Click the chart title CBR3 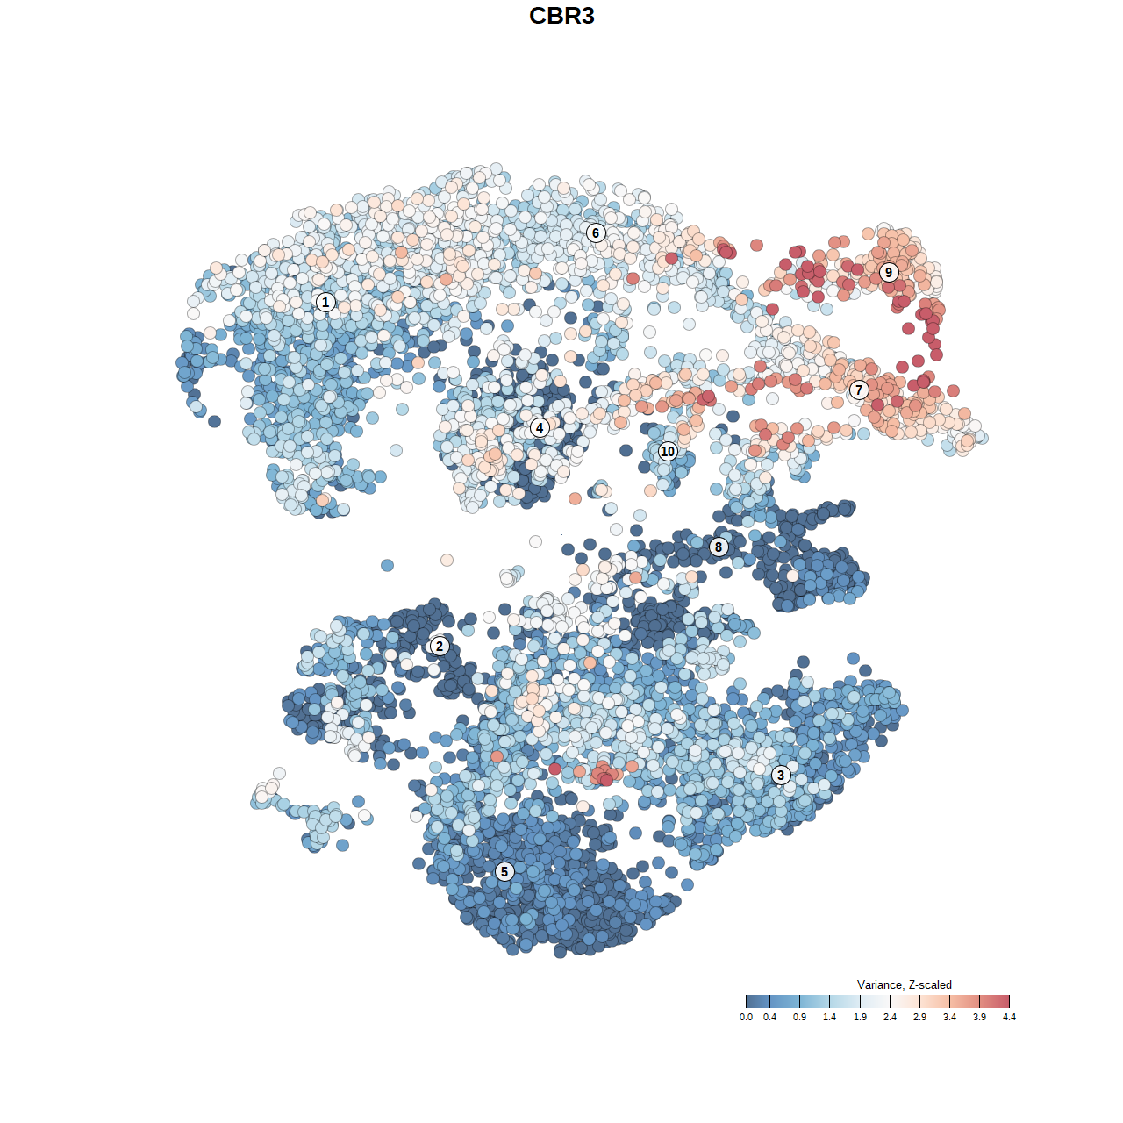[561, 16]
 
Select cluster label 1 [325, 302]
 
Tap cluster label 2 [440, 647]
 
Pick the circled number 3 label [781, 775]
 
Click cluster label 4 [540, 427]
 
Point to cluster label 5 [504, 871]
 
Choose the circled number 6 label [596, 232]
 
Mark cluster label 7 [859, 390]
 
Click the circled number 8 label [719, 547]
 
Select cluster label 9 [889, 272]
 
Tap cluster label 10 [668, 451]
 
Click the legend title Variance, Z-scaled [904, 984]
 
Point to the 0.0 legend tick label [746, 1017]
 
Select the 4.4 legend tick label [1009, 1017]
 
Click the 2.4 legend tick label [890, 1017]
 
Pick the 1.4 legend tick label [830, 1017]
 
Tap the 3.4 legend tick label [949, 1017]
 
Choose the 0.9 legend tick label [800, 1017]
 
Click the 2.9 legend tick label [919, 1017]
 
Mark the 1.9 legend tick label [860, 1017]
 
